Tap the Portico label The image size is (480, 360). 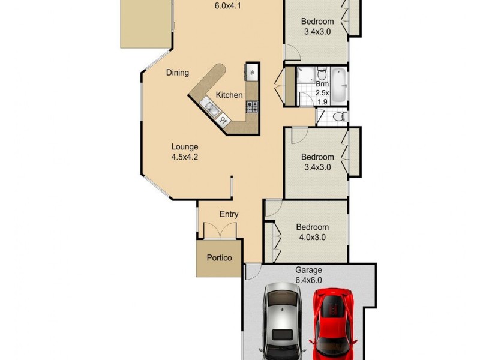[x=219, y=259]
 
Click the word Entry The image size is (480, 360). [x=229, y=214]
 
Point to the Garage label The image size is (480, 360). [x=308, y=270]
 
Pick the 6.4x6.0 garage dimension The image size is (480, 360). [x=308, y=280]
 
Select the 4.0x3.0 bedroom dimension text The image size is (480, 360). [x=312, y=237]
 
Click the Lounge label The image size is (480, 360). [x=184, y=147]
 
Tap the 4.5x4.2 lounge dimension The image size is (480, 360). [x=184, y=158]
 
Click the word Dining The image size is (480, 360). [x=178, y=73]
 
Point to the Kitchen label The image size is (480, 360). [x=229, y=95]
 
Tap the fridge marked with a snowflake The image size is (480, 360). [x=252, y=73]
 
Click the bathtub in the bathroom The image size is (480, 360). [x=339, y=86]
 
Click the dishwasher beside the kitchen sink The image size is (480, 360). [x=224, y=120]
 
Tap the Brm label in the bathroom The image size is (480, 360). [x=322, y=83]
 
